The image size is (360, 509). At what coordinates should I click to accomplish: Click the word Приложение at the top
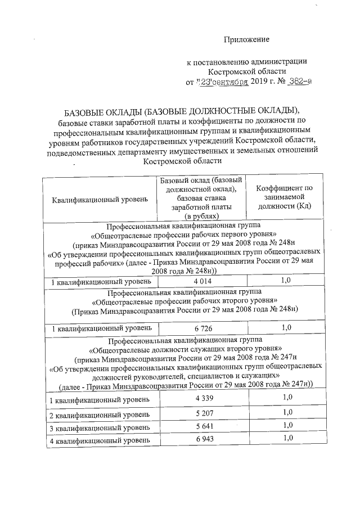point(246,39)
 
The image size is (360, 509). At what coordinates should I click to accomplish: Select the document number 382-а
point(296,82)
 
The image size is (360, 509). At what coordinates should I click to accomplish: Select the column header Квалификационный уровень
point(100,200)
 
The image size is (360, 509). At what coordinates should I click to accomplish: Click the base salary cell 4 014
point(201,281)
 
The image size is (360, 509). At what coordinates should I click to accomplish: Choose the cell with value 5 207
point(201,415)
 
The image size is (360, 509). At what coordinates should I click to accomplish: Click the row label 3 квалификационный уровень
point(100,427)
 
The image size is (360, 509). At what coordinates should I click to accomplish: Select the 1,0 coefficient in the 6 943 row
point(287,438)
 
